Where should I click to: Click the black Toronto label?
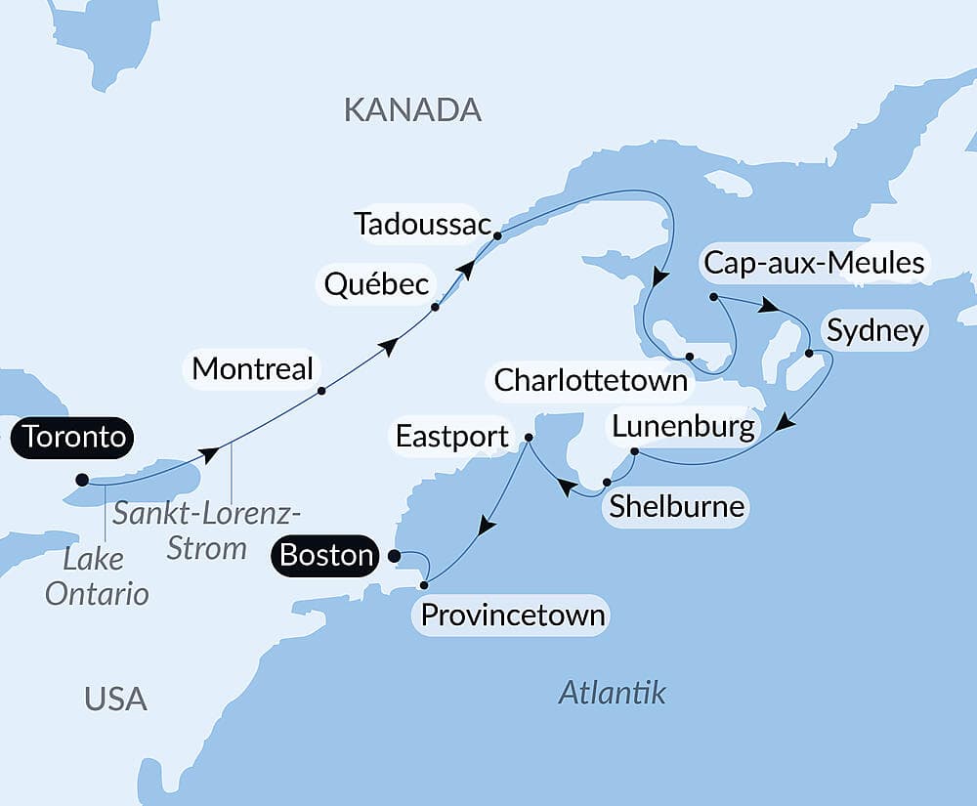(74, 438)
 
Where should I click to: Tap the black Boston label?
(325, 556)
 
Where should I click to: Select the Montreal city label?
(253, 369)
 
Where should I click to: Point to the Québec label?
(377, 285)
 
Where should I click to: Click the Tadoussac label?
(422, 224)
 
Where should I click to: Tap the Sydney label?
(874, 331)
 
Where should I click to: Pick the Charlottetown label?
(591, 380)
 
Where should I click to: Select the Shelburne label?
(676, 507)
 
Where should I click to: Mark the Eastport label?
(452, 437)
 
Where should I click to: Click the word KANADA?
(412, 110)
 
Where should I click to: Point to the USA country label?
(115, 699)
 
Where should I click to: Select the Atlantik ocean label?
(612, 693)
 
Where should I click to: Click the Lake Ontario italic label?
(97, 575)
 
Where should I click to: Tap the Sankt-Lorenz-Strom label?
(206, 530)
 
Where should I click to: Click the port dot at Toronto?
(82, 480)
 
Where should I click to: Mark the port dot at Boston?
(394, 556)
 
